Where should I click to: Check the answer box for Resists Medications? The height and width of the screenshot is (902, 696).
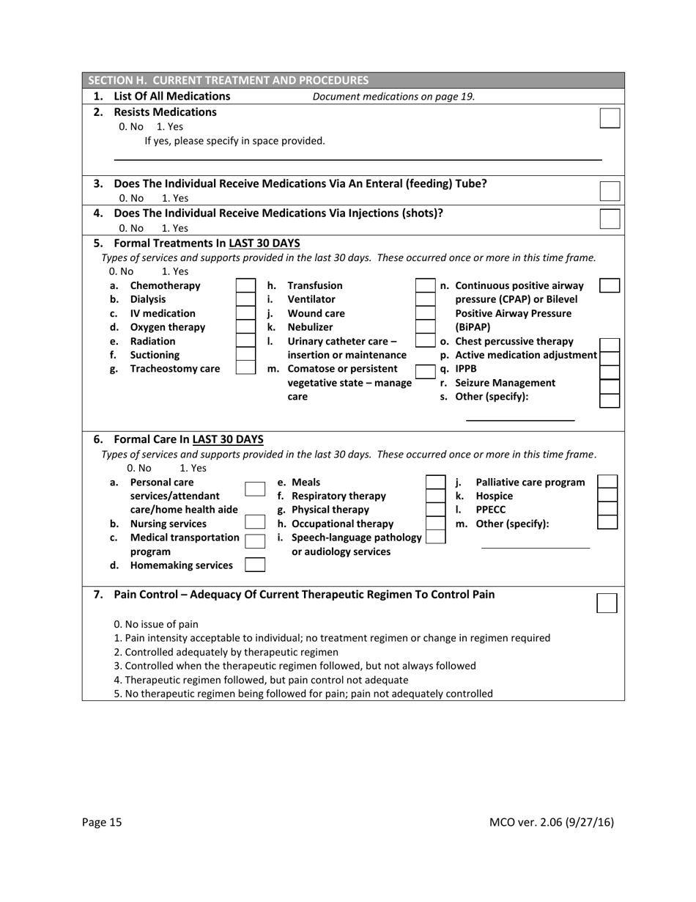tap(610, 118)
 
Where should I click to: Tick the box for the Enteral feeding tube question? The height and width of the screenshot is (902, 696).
tap(610, 191)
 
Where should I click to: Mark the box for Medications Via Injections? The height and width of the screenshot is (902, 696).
tap(610, 219)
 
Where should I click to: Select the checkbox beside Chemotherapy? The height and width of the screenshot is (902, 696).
tap(245, 285)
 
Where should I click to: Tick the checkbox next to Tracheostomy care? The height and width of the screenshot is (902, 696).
tap(245, 368)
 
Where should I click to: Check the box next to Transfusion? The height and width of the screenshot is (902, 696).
tap(425, 285)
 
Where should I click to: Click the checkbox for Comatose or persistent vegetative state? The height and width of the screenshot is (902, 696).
tap(425, 369)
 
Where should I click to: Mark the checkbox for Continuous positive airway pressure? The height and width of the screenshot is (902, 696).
tap(610, 285)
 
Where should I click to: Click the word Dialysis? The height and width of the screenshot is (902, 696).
tap(147, 299)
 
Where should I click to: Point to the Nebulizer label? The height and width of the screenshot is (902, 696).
tap(310, 327)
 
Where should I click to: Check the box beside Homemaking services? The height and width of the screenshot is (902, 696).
tap(255, 565)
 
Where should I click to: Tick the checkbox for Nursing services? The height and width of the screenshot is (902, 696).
tap(255, 523)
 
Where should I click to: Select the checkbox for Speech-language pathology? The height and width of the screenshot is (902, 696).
tap(435, 537)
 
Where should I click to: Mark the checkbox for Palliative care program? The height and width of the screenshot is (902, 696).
tap(607, 482)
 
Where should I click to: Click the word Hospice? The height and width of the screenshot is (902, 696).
tap(494, 496)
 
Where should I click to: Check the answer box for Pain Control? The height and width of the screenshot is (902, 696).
tap(607, 603)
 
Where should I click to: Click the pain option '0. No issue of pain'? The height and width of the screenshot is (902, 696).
tap(156, 624)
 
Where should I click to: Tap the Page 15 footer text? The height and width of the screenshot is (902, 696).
tap(102, 822)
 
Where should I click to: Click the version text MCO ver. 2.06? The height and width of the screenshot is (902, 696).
tap(551, 822)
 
